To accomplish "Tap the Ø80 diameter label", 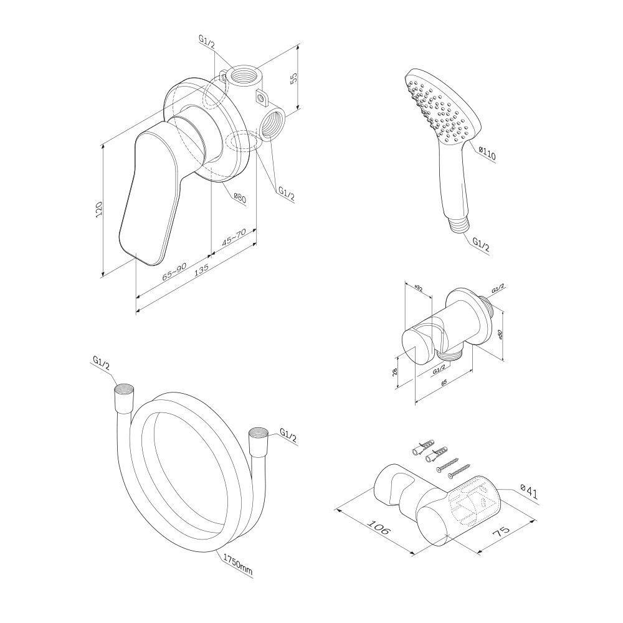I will (240, 197).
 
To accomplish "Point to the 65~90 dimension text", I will (174, 272).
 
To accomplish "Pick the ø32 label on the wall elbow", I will (419, 288).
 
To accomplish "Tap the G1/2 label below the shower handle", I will (481, 244).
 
